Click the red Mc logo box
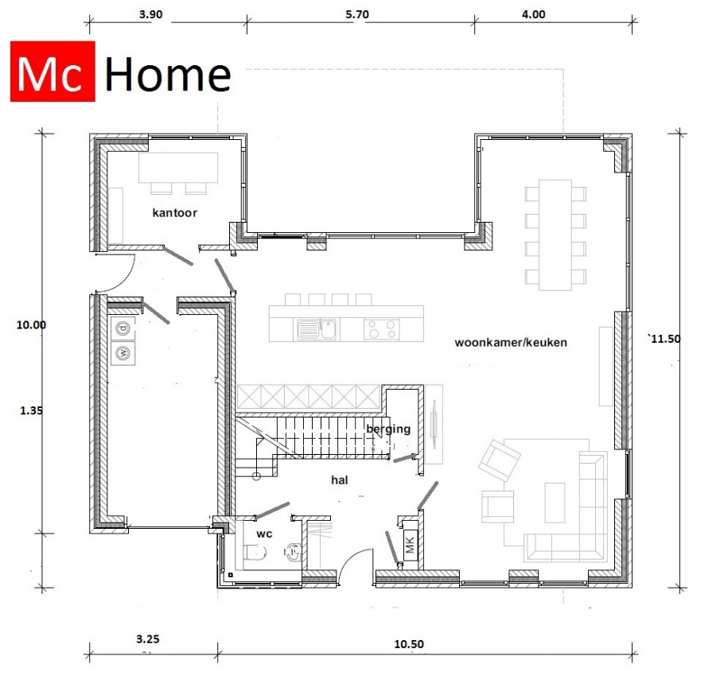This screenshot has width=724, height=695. click(x=53, y=72)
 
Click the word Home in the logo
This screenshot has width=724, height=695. click(x=168, y=74)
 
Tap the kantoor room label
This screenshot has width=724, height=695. click(x=174, y=213)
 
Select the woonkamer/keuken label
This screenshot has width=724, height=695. click(x=509, y=343)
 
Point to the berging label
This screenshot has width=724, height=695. click(x=388, y=429)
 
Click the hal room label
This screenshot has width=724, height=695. click(x=341, y=480)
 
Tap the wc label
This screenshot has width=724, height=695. click(x=265, y=534)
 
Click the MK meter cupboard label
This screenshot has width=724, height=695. click(x=410, y=546)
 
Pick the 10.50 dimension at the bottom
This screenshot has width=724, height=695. click(x=408, y=644)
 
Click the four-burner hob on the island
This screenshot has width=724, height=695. click(x=381, y=328)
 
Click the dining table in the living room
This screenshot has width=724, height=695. click(x=555, y=235)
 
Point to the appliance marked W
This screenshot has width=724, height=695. click(x=123, y=351)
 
